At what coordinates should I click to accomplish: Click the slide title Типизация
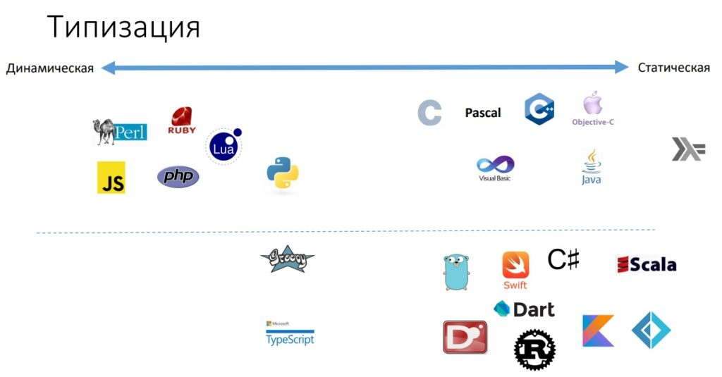[x=124, y=27]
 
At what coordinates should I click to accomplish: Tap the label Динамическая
[x=50, y=68]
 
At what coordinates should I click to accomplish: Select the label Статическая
[x=673, y=68]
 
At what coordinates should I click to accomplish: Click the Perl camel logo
[x=119, y=132]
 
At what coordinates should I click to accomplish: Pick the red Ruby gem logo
[x=182, y=120]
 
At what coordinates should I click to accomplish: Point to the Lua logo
[x=224, y=146]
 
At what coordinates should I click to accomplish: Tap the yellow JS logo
[x=111, y=178]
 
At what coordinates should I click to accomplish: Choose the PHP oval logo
[x=178, y=176]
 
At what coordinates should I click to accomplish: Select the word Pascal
[x=483, y=113]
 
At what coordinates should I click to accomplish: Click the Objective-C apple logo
[x=592, y=109]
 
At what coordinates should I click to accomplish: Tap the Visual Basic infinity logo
[x=495, y=168]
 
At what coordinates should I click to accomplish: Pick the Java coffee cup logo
[x=591, y=167]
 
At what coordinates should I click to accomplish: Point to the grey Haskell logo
[x=687, y=149]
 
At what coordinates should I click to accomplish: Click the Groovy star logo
[x=287, y=259]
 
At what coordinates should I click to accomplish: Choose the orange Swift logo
[x=515, y=269]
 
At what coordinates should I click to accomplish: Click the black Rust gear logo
[x=534, y=350]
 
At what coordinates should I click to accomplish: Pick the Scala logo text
[x=647, y=264]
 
